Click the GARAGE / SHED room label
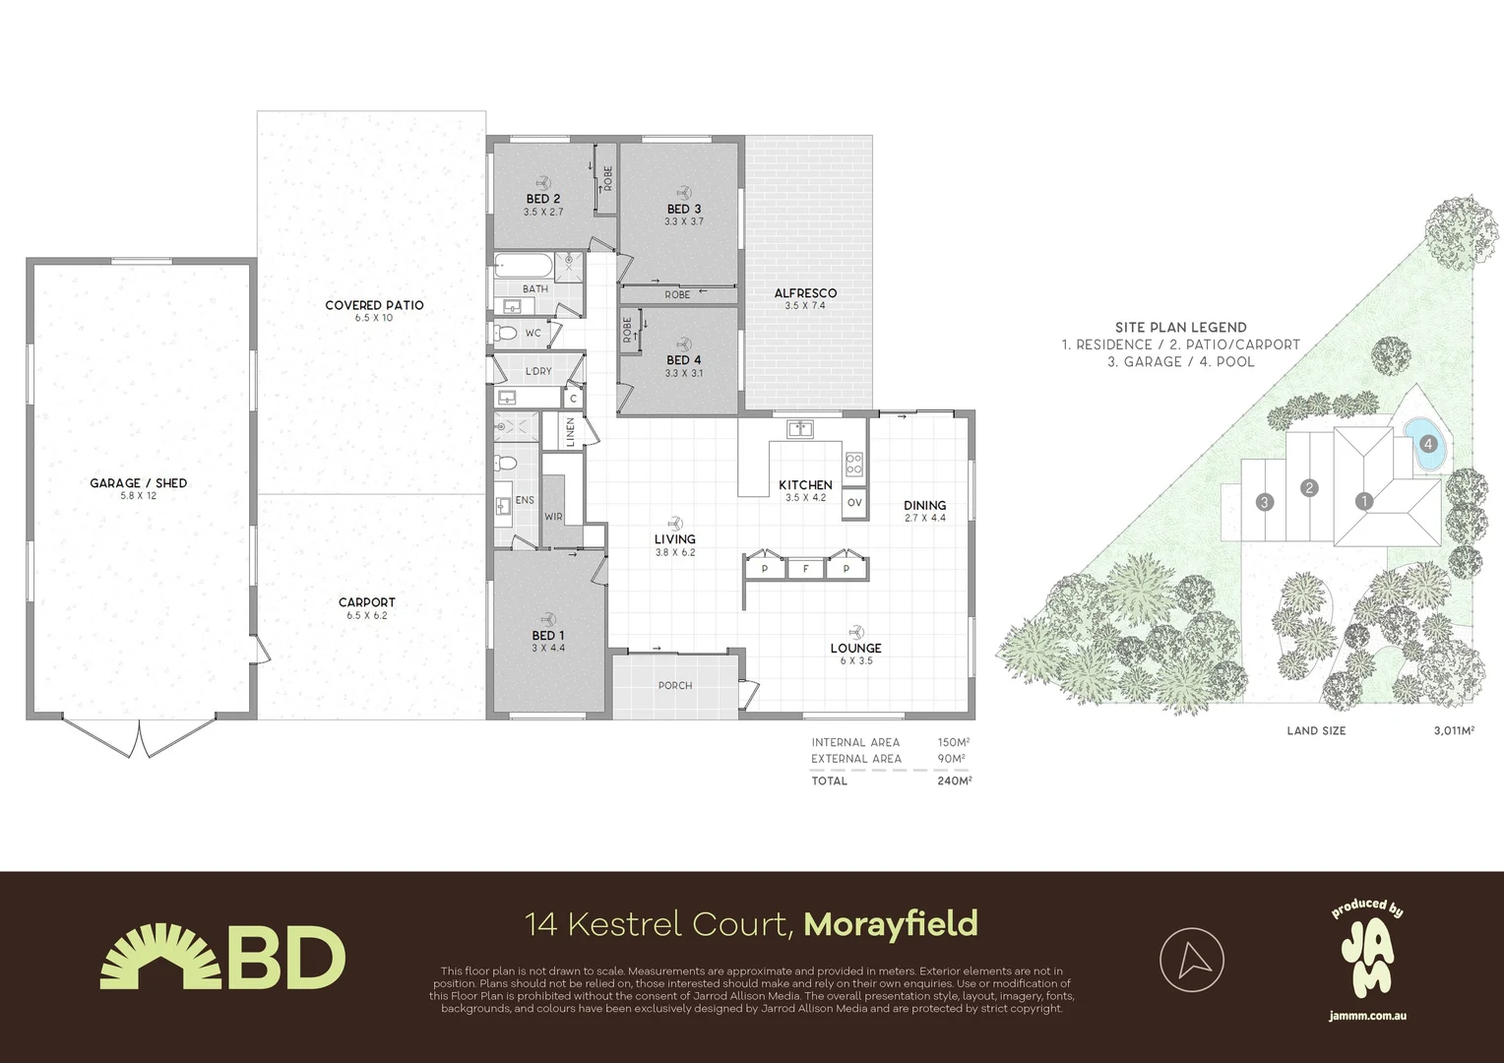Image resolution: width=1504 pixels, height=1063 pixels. (138, 483)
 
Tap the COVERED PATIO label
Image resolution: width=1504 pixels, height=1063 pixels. (374, 305)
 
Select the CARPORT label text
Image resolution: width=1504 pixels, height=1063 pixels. (366, 602)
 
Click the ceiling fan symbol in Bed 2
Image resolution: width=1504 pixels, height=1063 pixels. (542, 182)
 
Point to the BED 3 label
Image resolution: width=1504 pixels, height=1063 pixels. (684, 209)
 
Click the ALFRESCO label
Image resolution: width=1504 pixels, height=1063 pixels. (805, 293)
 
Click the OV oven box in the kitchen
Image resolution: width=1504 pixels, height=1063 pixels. (853, 503)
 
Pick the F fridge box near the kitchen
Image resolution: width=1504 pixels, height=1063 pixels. (805, 568)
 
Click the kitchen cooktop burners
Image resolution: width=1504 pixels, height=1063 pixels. (853, 462)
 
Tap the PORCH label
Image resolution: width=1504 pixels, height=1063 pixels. (675, 685)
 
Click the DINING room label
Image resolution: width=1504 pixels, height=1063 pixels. (924, 506)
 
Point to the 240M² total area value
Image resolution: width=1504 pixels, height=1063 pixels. (955, 781)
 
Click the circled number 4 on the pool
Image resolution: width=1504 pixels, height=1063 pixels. (1428, 444)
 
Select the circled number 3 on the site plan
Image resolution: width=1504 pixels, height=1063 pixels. (1265, 502)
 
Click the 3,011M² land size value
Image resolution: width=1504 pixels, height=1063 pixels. (1454, 730)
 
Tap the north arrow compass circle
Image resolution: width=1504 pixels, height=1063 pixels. (1191, 960)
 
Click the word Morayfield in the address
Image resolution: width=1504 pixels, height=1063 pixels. (891, 924)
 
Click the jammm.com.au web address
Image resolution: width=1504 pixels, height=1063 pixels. (1367, 1015)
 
